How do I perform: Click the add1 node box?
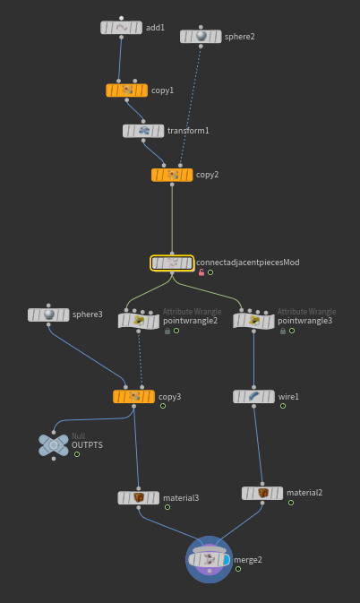121,28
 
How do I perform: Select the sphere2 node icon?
201,36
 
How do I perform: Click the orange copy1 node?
127,90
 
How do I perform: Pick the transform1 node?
143,131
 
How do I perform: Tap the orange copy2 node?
172,175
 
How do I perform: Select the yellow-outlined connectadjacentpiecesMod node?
172,263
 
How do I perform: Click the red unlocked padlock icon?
201,272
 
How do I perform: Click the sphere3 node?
48,314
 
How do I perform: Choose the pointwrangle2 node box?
138,321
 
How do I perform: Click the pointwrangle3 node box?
253,321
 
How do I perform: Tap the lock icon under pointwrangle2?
167,331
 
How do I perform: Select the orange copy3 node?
133,397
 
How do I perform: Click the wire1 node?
253,397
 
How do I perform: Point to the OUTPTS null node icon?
54,445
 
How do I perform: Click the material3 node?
138,498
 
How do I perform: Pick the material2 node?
262,493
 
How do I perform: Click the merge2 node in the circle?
210,559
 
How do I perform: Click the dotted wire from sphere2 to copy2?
191,106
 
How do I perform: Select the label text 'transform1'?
188,131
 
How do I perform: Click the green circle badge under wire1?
283,406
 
